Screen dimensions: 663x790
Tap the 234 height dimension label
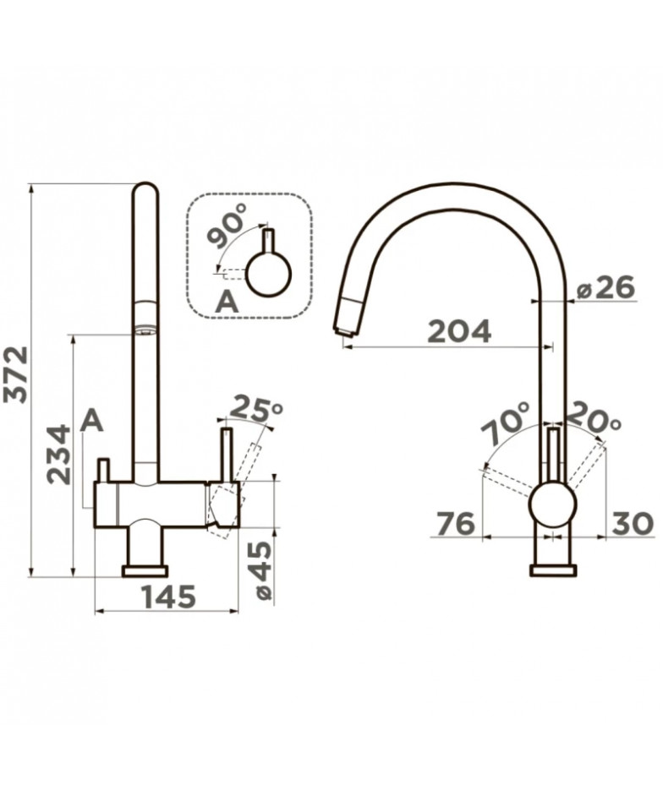(x=58, y=455)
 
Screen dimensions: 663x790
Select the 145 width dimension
(x=168, y=597)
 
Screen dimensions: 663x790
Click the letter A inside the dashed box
(x=227, y=302)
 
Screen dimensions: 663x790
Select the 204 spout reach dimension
(x=459, y=331)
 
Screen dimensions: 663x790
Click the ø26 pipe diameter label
(x=605, y=289)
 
